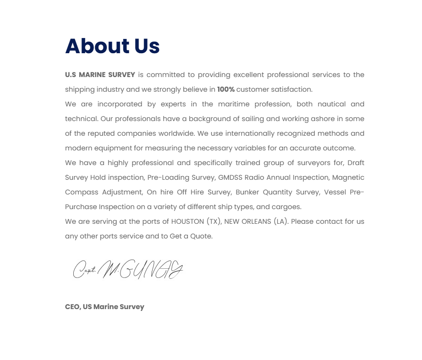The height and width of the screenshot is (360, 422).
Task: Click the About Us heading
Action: coord(112,46)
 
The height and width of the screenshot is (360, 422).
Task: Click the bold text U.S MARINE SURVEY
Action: coord(100,75)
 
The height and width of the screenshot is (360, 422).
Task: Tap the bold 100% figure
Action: coord(225,89)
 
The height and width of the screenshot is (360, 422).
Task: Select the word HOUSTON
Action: coord(187,222)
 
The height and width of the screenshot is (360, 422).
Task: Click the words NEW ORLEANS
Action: coord(247,222)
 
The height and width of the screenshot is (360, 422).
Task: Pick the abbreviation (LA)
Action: coord(281,222)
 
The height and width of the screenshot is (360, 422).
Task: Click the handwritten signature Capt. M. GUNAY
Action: coord(128,269)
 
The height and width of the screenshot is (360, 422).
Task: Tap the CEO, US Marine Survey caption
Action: coord(104,307)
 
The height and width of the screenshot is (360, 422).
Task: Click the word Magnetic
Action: coord(348,177)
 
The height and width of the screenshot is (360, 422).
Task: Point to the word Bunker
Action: coord(248,192)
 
